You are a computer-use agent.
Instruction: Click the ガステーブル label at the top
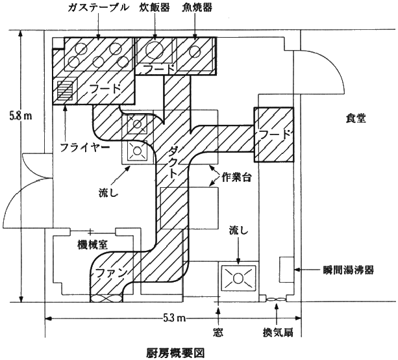pos(98,8)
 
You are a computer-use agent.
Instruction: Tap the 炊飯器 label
pos(155,8)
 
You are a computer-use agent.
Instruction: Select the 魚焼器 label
pos(197,8)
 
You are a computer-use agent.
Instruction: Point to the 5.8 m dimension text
pos(21,116)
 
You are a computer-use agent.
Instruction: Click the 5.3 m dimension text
pos(175,318)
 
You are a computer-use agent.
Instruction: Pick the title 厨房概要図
pos(175,353)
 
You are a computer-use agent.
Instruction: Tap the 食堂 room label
pos(356,118)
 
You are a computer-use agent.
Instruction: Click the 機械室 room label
pos(93,245)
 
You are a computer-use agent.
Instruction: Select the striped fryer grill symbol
pos(65,90)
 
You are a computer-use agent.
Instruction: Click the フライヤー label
pos(85,148)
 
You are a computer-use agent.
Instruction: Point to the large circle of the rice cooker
pos(155,49)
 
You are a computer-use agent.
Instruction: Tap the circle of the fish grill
pos(195,51)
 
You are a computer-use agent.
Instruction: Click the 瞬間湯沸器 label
pos(349,270)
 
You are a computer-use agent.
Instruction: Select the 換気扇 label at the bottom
pos(278,332)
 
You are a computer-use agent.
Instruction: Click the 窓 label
pos(218,332)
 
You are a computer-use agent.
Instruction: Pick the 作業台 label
pos(236,177)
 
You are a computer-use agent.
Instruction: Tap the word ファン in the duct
pos(111,274)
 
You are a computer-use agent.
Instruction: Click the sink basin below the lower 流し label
pos(238,278)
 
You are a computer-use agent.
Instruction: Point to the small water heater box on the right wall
pos(286,270)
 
